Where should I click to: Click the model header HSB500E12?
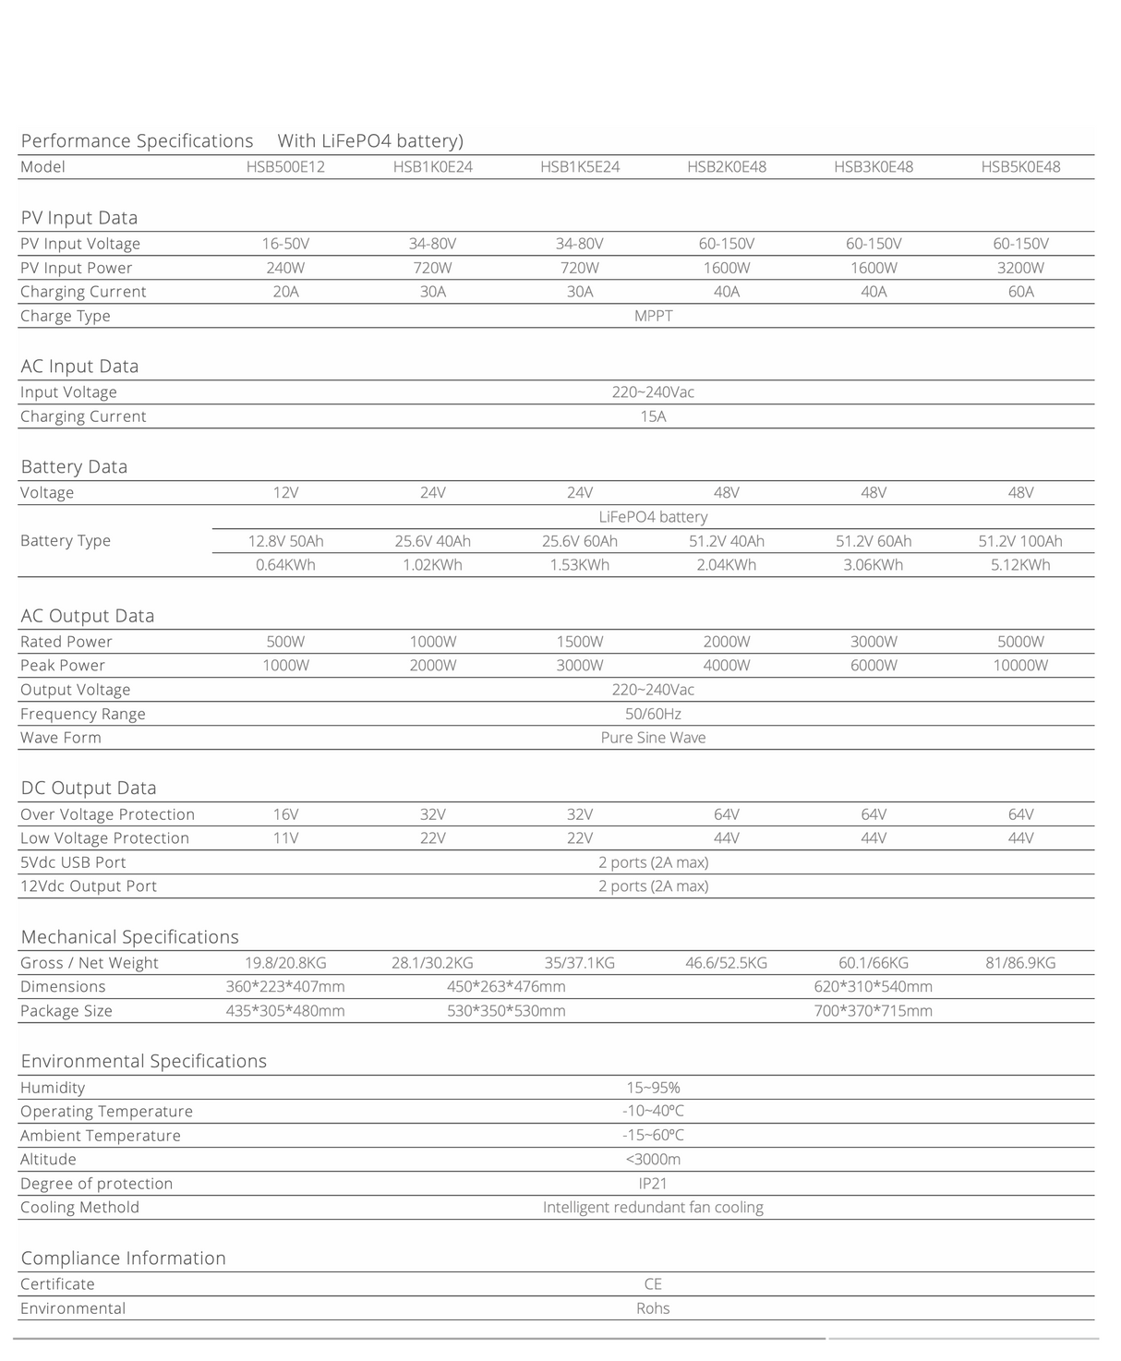click(x=285, y=167)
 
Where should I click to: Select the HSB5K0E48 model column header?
click(x=1020, y=167)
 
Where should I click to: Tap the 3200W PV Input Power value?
click(x=1020, y=268)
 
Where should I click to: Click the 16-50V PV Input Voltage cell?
click(x=285, y=244)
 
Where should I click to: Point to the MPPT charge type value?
click(x=653, y=316)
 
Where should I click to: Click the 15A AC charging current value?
click(x=653, y=416)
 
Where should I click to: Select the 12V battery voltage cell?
click(x=285, y=493)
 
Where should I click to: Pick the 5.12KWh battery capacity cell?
click(x=1020, y=565)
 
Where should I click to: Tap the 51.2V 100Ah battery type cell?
click(x=1020, y=541)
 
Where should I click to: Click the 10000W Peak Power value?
click(x=1020, y=666)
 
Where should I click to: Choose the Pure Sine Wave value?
click(x=653, y=738)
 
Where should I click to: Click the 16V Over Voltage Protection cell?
click(x=285, y=814)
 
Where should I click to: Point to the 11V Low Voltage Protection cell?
click(x=285, y=838)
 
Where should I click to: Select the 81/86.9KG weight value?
click(x=1020, y=963)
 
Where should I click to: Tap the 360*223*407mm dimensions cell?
click(x=285, y=987)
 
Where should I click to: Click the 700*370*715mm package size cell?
click(x=873, y=1011)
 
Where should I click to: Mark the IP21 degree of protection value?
click(x=653, y=1184)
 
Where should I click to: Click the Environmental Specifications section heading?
click(x=144, y=1062)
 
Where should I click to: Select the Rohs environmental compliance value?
click(x=653, y=1308)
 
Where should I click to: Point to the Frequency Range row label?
click(x=83, y=714)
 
